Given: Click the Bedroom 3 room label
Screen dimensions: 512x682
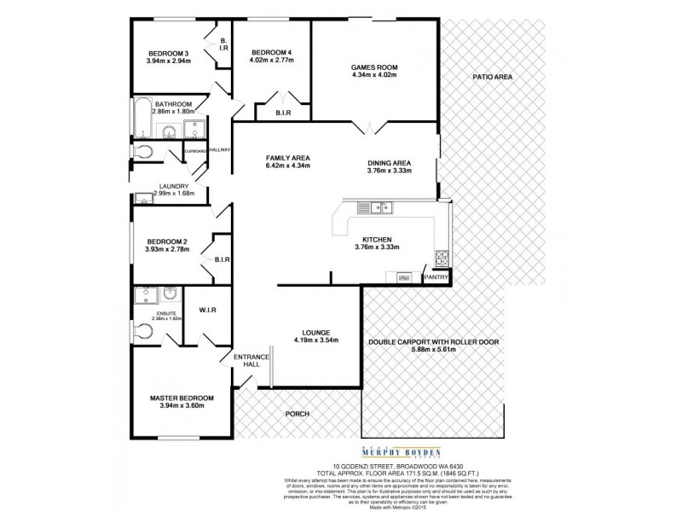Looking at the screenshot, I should tap(167, 53).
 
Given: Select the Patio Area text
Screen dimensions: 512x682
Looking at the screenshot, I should tap(492, 78).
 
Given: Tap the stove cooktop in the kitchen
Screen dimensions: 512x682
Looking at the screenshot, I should tap(442, 257).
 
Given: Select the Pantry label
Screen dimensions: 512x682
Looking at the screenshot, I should tap(436, 277).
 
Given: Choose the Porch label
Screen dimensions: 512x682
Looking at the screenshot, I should tap(298, 414).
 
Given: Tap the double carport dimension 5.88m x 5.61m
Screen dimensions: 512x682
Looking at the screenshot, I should tap(433, 350).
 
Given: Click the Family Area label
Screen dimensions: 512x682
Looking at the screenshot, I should tap(287, 158).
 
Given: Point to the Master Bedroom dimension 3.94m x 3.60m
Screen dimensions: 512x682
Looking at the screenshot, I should tap(181, 406).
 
